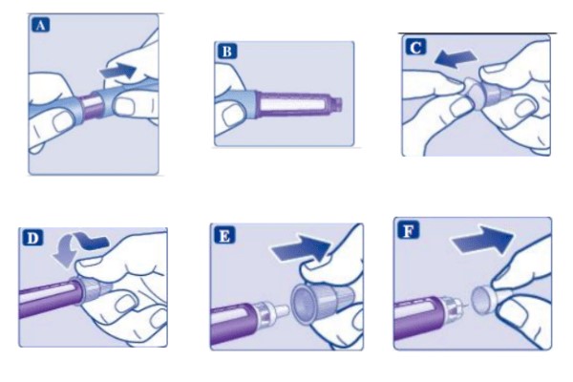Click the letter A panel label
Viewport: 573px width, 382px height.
point(40,25)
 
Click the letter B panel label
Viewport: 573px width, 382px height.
point(227,52)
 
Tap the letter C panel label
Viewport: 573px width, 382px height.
point(415,47)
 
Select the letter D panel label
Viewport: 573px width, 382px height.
point(32,238)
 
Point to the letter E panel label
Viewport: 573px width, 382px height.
point(224,236)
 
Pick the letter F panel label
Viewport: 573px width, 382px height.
point(408,230)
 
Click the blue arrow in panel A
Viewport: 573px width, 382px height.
point(118,71)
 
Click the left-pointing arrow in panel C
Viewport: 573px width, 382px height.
point(456,58)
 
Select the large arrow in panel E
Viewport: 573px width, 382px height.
point(301,248)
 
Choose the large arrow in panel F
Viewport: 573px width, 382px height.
point(482,240)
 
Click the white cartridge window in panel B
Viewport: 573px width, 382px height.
point(291,105)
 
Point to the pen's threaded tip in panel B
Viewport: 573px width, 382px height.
point(336,104)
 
